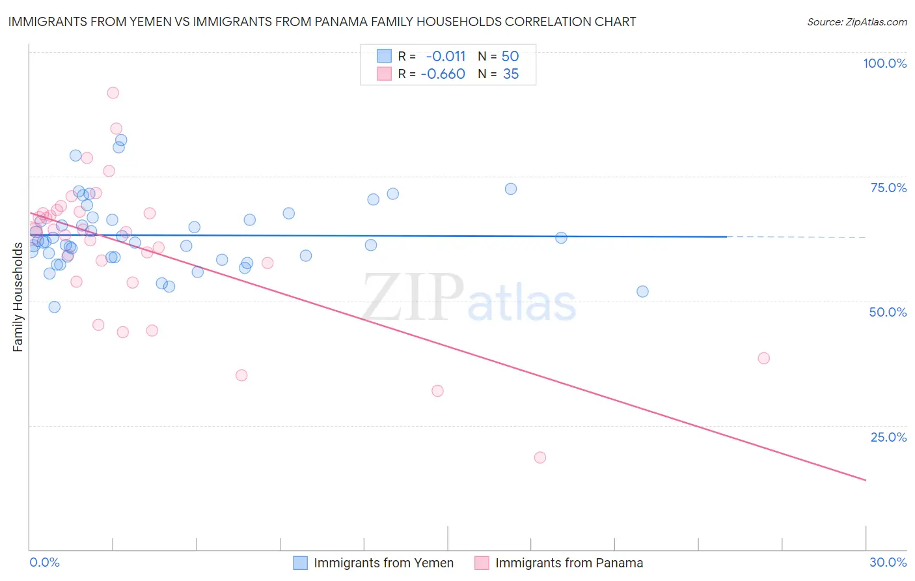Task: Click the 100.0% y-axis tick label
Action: (884, 63)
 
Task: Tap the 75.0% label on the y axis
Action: (888, 188)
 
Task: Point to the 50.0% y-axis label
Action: (888, 312)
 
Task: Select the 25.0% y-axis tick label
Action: (888, 437)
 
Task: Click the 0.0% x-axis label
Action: (44, 562)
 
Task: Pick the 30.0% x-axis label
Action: (888, 562)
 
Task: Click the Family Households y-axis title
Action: (18, 297)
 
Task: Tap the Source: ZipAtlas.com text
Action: (856, 22)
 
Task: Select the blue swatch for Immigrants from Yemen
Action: (300, 563)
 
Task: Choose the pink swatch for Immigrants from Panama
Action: (482, 563)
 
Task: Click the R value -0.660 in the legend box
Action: (443, 74)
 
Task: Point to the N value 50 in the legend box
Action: (510, 56)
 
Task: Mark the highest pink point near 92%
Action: (113, 92)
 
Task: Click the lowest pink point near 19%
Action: (539, 457)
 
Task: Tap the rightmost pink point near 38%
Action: (763, 358)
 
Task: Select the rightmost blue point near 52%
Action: (642, 292)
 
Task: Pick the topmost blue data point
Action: (121, 140)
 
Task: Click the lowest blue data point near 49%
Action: (54, 307)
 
